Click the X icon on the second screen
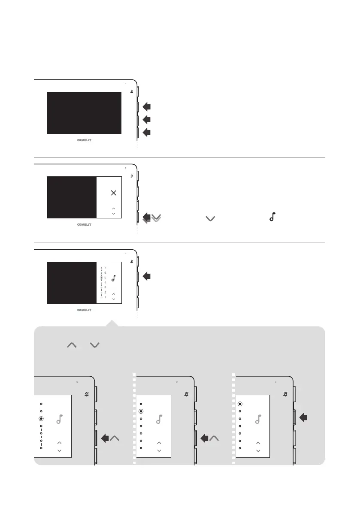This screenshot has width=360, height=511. click(x=113, y=193)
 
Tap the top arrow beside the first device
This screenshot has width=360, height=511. click(x=147, y=106)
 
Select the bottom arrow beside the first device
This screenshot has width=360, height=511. click(x=147, y=133)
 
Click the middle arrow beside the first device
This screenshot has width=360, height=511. click(x=147, y=119)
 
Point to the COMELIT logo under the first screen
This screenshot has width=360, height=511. click(x=84, y=140)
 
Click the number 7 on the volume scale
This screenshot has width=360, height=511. click(x=106, y=268)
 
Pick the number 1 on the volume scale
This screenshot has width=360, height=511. click(x=106, y=297)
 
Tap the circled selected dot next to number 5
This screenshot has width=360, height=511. click(x=101, y=278)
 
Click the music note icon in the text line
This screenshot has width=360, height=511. click(x=271, y=218)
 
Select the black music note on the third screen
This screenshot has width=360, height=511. click(x=113, y=278)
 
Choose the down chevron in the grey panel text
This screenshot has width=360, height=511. click(x=95, y=345)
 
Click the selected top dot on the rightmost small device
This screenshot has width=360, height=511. click(x=240, y=404)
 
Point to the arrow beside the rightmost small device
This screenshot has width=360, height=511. click(x=304, y=417)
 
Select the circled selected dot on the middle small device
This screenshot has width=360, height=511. click(x=141, y=411)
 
